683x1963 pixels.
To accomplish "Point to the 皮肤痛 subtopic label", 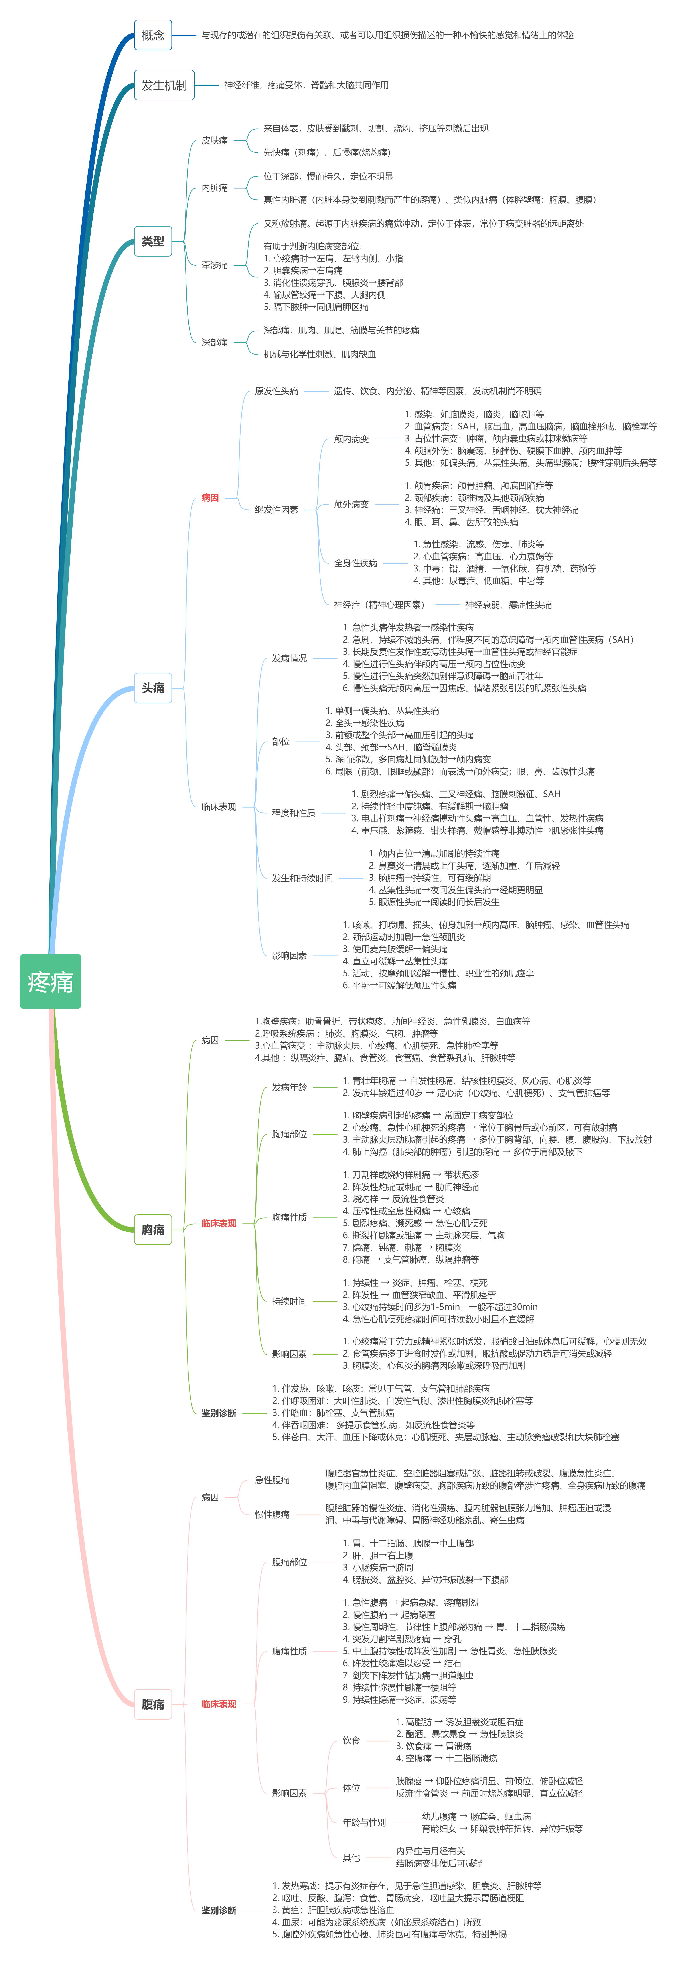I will pyautogui.click(x=215, y=140).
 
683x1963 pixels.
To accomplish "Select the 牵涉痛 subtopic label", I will pyautogui.click(x=215, y=265).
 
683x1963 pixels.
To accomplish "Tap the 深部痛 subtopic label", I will pyautogui.click(x=215, y=342).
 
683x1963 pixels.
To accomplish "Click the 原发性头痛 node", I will pyautogui.click(x=276, y=391).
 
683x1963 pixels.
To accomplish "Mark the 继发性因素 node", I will pyautogui.click(x=276, y=509).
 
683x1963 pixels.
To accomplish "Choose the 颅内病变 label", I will pyautogui.click(x=351, y=439).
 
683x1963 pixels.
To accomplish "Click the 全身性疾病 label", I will pyautogui.click(x=355, y=562).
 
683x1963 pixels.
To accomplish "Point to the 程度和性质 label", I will pyautogui.click(x=294, y=812).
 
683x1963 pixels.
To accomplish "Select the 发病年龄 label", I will pyautogui.click(x=289, y=1087).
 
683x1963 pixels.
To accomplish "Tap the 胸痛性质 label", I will pyautogui.click(x=289, y=1217).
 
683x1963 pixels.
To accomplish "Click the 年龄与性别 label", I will pyautogui.click(x=364, y=1822).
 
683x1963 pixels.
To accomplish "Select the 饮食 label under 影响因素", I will pyautogui.click(x=351, y=1740).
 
